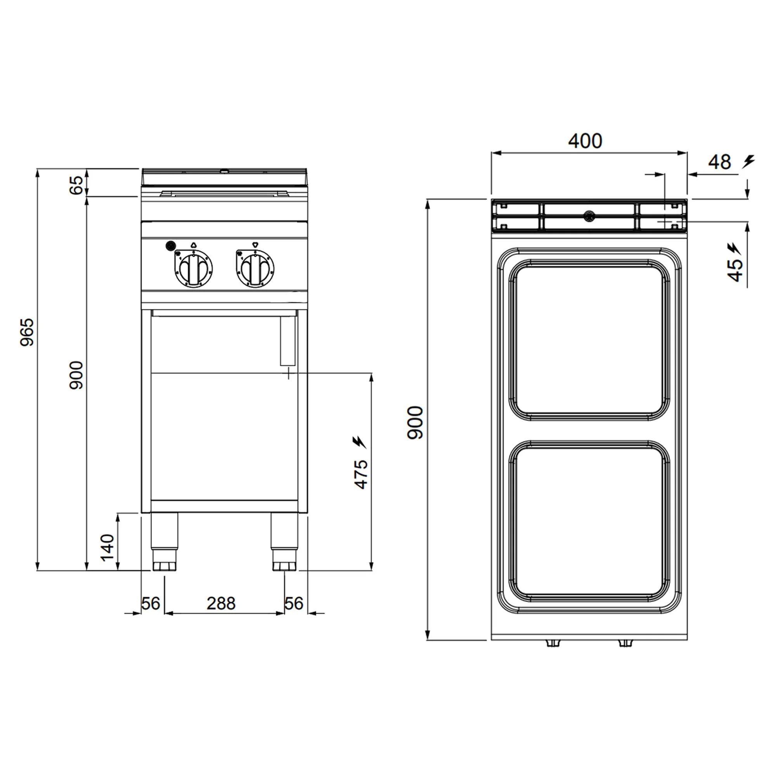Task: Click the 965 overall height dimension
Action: (x=28, y=332)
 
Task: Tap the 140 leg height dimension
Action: (x=107, y=547)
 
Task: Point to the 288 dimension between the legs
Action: (x=221, y=604)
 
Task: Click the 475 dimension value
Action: (x=361, y=475)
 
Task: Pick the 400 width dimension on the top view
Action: (x=585, y=141)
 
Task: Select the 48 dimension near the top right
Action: (x=719, y=162)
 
